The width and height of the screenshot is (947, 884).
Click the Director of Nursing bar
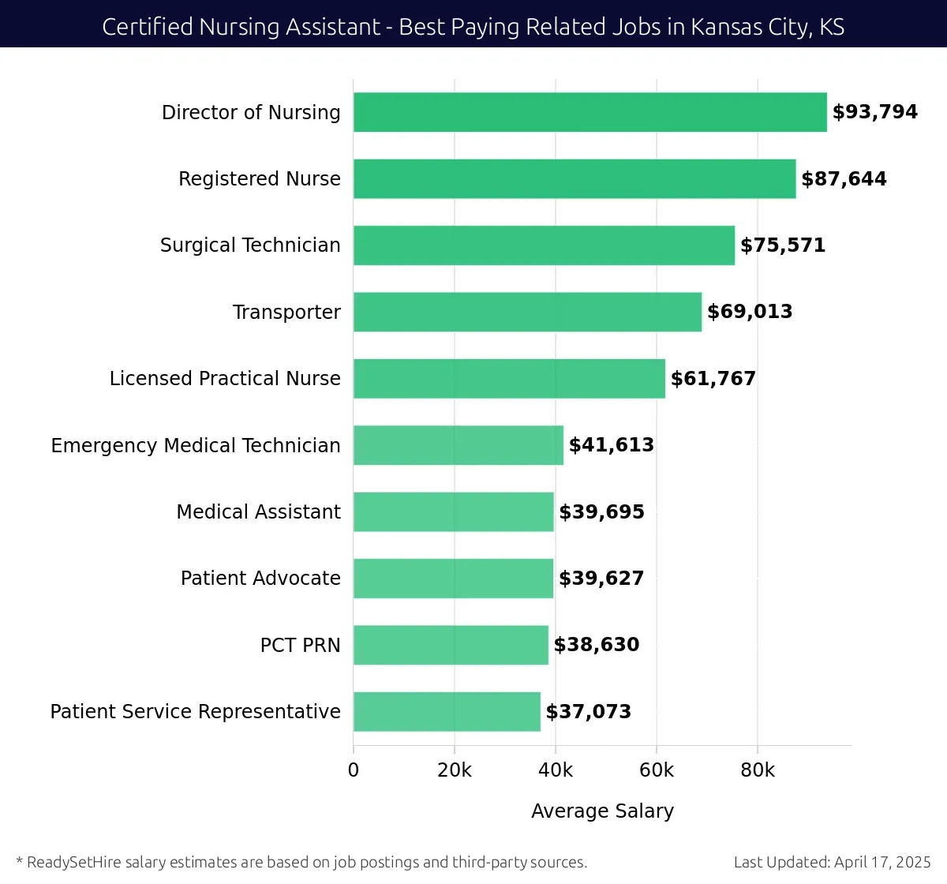pos(590,112)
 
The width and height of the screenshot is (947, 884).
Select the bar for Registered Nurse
pos(575,178)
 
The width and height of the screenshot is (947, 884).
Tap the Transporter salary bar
pos(527,312)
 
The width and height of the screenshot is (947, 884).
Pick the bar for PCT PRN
pos(451,645)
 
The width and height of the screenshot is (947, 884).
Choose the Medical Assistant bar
pos(454,511)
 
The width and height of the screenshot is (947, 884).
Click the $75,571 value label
pos(783,245)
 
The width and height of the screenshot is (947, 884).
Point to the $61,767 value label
pos(713,379)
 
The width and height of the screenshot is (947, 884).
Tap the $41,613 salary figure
pos(612,445)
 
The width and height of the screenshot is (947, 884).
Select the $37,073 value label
pos(589,712)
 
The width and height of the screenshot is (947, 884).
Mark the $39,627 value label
pos(601,579)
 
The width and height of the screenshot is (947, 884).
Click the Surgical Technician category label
pos(250,245)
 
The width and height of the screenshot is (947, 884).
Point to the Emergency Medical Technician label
pos(196,446)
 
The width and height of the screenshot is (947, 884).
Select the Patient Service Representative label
pos(196,712)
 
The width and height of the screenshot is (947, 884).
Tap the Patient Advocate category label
pos(260,579)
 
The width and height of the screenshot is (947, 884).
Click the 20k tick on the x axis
pos(455,770)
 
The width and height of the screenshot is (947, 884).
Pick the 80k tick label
pos(758,770)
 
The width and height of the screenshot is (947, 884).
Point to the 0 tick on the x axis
pos(354,770)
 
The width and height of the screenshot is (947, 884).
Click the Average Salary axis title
pos(602,811)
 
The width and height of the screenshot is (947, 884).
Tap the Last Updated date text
pos(832,862)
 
